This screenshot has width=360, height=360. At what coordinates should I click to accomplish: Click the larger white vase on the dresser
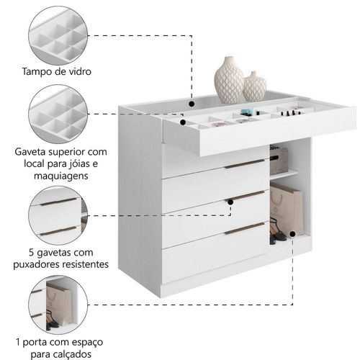(x=228, y=80)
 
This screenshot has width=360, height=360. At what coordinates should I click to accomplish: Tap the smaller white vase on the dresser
(x=254, y=86)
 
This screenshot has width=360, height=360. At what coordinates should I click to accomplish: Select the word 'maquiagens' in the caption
(x=61, y=176)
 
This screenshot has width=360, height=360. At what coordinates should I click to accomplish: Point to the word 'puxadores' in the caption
(x=36, y=264)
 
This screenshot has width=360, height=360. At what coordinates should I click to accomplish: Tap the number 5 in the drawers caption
(x=32, y=253)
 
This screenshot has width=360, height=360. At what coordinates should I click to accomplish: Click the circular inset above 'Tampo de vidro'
(x=58, y=35)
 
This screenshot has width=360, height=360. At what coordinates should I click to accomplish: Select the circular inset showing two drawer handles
(x=58, y=215)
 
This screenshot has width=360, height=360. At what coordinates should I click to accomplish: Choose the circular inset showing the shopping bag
(x=58, y=305)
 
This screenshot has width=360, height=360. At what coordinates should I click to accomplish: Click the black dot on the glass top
(x=192, y=104)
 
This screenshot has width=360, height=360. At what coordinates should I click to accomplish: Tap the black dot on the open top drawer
(x=183, y=122)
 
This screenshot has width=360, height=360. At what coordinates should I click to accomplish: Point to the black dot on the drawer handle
(x=230, y=202)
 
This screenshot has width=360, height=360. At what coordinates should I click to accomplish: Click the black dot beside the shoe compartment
(x=292, y=234)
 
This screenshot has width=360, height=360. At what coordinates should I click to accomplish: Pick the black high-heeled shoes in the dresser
(x=278, y=231)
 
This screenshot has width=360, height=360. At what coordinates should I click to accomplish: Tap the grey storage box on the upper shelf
(x=279, y=161)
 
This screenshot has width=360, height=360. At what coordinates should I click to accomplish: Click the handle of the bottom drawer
(x=245, y=228)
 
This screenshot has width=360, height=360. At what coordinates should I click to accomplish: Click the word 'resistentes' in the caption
(x=85, y=264)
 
